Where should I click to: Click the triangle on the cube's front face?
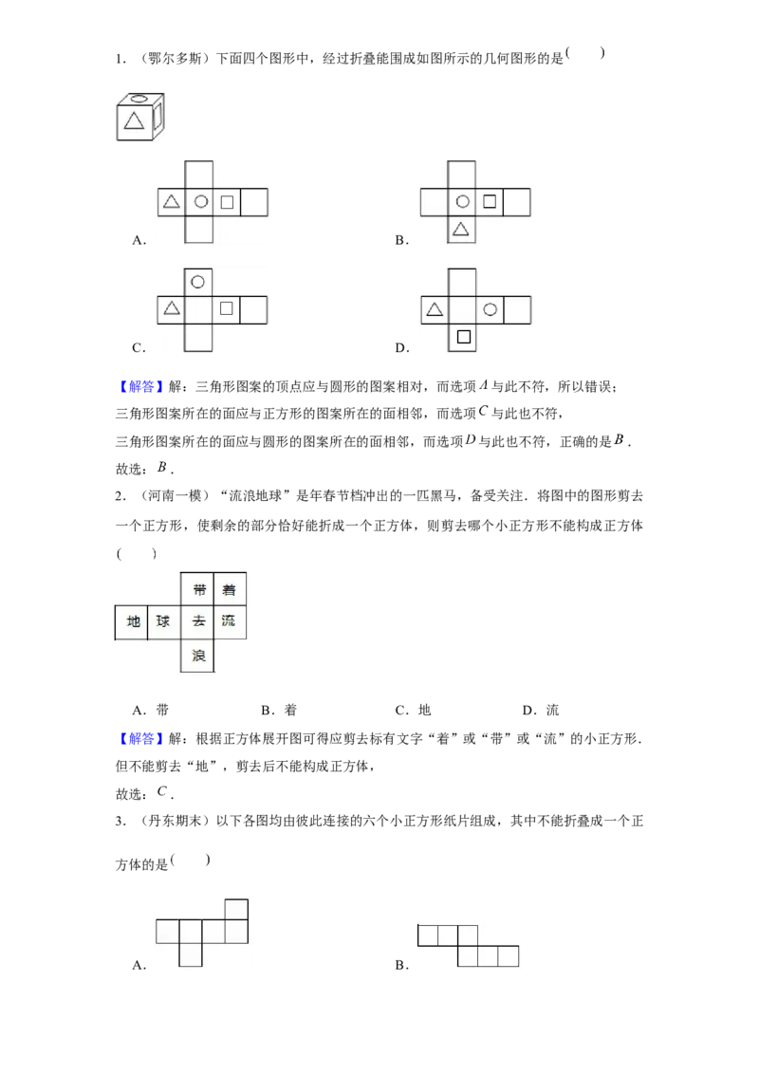pyautogui.click(x=135, y=120)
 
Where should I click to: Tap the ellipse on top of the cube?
pyautogui.click(x=139, y=99)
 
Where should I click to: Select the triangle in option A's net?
pyautogui.click(x=172, y=201)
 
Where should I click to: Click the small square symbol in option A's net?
pyautogui.click(x=227, y=202)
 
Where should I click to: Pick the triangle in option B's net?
pyautogui.click(x=461, y=229)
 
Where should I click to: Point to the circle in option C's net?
pyautogui.click(x=198, y=282)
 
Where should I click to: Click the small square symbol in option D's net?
pyautogui.click(x=464, y=336)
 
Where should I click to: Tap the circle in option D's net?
pyautogui.click(x=490, y=309)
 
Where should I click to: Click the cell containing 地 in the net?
pyautogui.click(x=132, y=622)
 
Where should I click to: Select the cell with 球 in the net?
pyautogui.click(x=164, y=622)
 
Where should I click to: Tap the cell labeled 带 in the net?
pyautogui.click(x=197, y=589)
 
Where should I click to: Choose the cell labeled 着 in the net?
pyautogui.click(x=230, y=589)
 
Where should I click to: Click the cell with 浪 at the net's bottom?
pyautogui.click(x=197, y=656)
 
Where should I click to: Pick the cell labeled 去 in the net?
pyautogui.click(x=197, y=622)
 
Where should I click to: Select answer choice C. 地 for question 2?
pyautogui.click(x=413, y=710)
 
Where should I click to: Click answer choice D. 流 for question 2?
pyautogui.click(x=541, y=710)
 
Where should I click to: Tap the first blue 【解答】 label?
pyautogui.click(x=141, y=386)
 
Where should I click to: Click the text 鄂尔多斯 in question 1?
pyautogui.click(x=175, y=59)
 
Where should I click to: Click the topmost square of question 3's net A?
pyautogui.click(x=236, y=910)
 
